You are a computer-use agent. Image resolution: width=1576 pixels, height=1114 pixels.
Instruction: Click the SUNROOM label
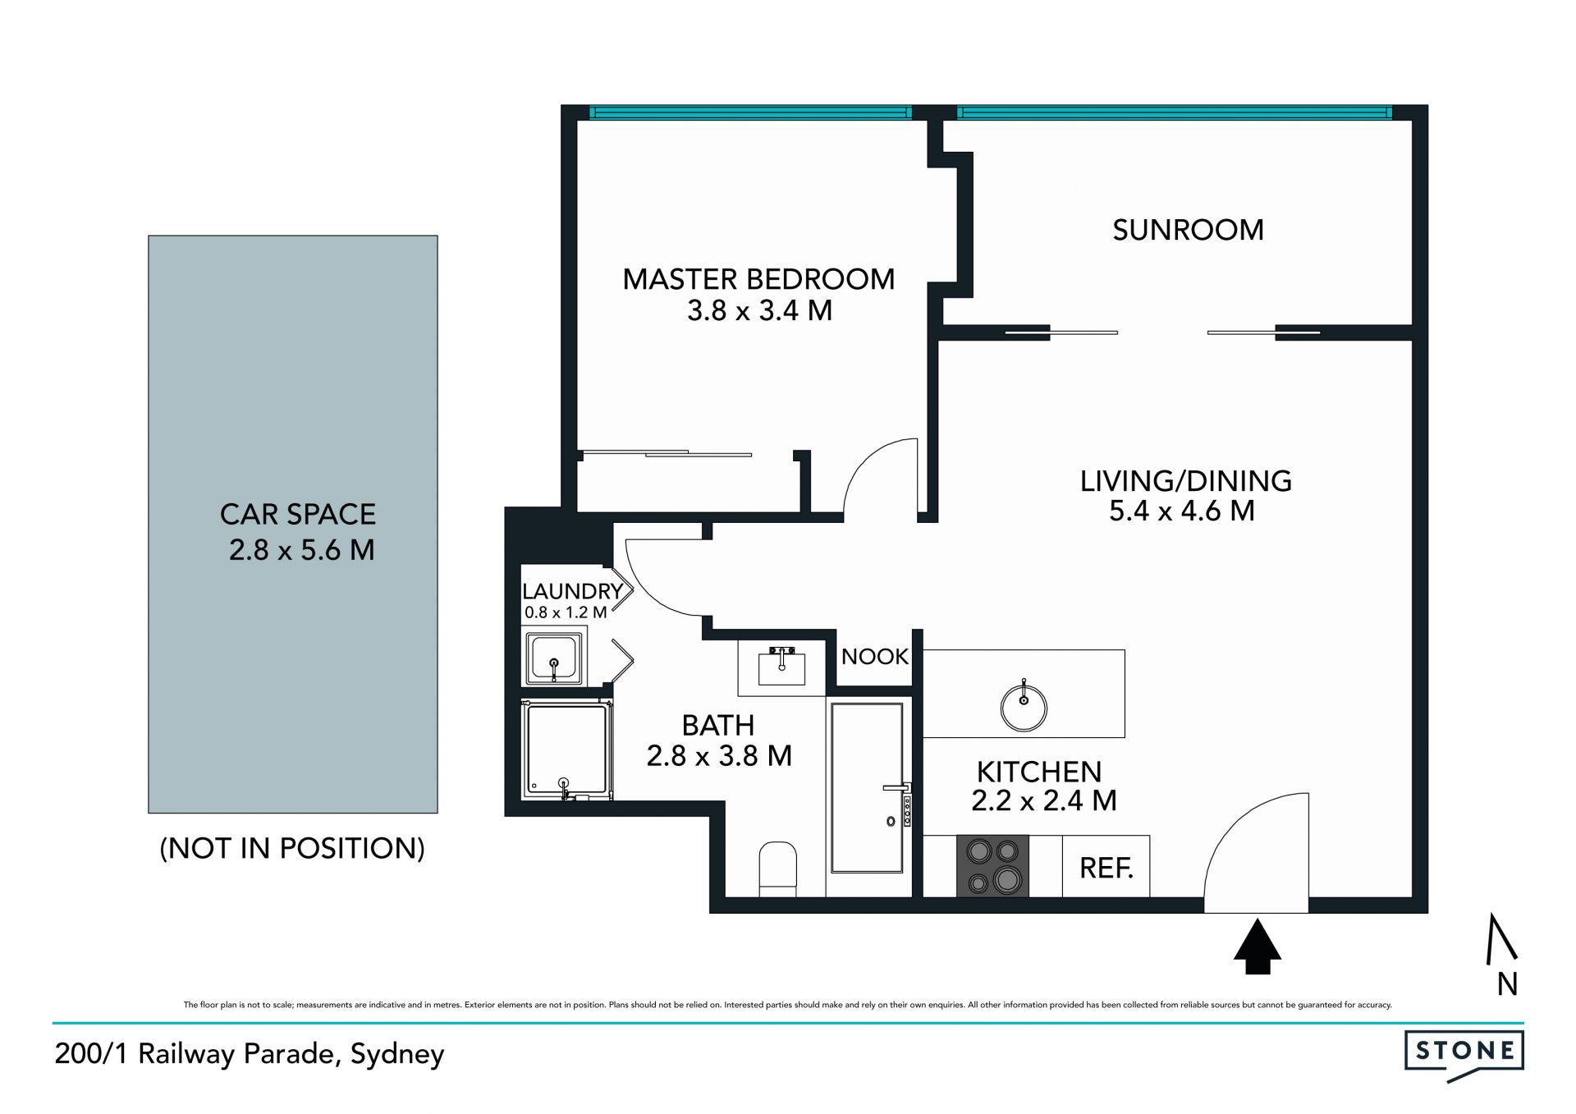point(1188,230)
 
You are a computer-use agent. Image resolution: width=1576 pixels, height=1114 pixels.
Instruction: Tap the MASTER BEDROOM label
point(758,279)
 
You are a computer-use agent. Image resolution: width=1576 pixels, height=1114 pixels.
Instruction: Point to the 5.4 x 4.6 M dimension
point(1182,511)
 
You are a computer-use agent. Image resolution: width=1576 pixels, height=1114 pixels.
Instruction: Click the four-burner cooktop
point(992,866)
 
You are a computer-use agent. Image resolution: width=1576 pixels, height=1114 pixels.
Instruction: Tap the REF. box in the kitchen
point(1106,866)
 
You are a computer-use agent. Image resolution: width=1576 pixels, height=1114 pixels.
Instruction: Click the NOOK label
point(875,657)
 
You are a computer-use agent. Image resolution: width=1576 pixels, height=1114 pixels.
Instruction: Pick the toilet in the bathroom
point(778,869)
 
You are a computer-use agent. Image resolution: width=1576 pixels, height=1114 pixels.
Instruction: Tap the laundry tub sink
point(553,658)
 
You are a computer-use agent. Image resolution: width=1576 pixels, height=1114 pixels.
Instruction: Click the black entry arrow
point(1257,947)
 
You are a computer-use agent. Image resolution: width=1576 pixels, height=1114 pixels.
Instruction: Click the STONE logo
point(1464,1057)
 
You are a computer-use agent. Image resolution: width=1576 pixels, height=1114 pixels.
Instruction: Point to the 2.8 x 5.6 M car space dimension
point(301,550)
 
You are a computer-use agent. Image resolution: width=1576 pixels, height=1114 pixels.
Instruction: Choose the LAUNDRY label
point(572,591)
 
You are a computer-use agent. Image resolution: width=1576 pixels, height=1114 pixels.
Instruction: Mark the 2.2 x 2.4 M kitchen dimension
point(1044,800)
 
